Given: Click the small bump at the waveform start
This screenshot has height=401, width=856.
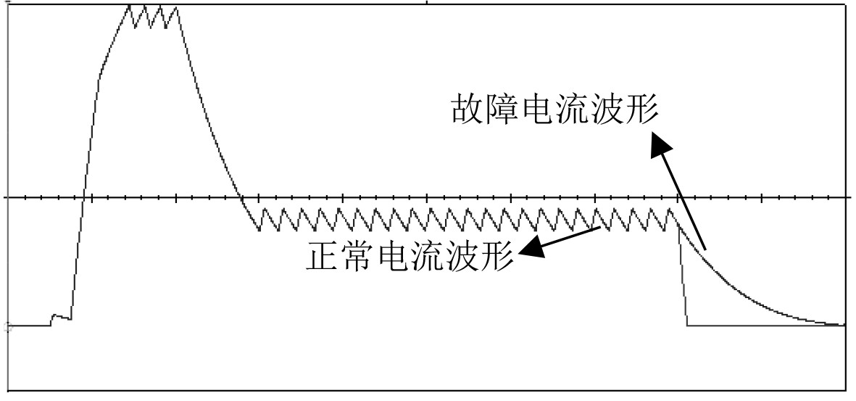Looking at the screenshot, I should (55, 317).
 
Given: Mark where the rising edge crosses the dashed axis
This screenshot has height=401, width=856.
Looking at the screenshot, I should (86, 197).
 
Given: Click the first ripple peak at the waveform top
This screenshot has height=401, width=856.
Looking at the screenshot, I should (130, 7).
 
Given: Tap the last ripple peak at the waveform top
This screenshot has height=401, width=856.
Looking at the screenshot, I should (176, 7).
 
